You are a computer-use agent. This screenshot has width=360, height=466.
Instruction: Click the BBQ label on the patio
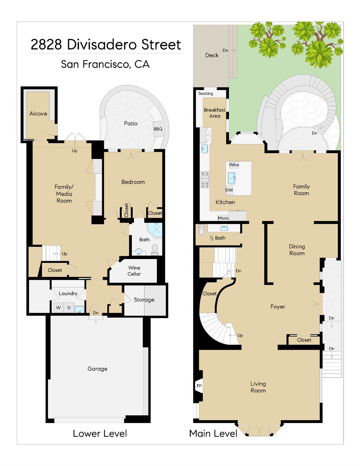tap(158, 129)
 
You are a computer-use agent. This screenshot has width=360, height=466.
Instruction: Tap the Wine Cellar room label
tap(134, 271)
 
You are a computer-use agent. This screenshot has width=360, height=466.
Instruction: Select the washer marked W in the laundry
tap(58, 308)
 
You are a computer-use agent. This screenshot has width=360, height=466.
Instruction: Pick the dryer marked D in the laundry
tap(69, 308)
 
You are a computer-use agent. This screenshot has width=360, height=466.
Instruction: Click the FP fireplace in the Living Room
tap(199, 386)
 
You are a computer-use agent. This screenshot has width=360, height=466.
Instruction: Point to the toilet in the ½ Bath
tap(202, 230)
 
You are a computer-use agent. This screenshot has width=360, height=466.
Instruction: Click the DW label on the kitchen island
tap(229, 190)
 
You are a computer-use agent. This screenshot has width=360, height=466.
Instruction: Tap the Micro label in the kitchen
tap(223, 218)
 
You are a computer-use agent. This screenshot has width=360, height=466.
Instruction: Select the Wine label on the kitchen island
tap(234, 165)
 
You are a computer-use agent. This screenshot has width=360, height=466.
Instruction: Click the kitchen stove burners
tap(205, 180)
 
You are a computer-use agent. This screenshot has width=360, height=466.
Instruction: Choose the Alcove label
tap(38, 114)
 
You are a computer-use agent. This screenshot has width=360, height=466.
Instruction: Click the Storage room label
tap(144, 300)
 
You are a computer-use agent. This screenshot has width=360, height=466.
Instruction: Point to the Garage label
tap(97, 369)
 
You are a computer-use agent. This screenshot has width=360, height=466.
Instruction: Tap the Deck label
tap(212, 55)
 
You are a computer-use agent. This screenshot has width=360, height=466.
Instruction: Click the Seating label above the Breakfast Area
tap(206, 94)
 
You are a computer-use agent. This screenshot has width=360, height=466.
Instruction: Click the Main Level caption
tap(213, 433)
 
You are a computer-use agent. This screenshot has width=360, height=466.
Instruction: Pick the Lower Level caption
tap(100, 433)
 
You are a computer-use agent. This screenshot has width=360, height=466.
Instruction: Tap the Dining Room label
tap(297, 250)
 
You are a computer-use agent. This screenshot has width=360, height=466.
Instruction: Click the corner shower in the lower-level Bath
tap(154, 230)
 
